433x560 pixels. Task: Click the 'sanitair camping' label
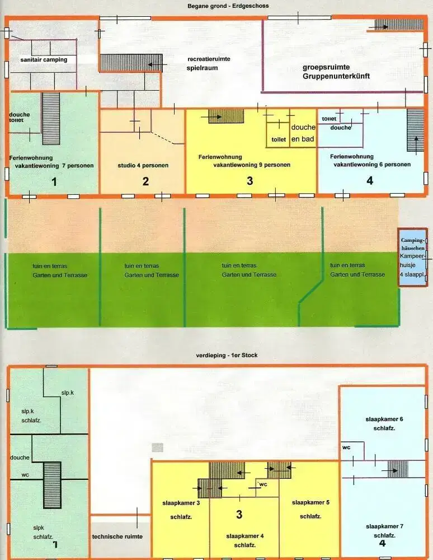[x=44, y=60]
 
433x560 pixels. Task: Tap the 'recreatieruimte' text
[x=209, y=59]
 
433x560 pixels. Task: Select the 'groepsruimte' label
[x=326, y=67]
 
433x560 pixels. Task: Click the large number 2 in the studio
[x=145, y=181]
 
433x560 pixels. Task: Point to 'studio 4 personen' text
[x=143, y=165]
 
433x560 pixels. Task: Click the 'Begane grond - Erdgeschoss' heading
[x=228, y=6]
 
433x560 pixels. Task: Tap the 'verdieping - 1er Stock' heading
[x=227, y=356]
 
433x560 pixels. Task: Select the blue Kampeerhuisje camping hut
[x=413, y=257]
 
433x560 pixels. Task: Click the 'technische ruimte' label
[x=117, y=536]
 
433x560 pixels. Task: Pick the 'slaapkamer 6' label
[x=384, y=419]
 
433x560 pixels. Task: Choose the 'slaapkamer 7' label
[x=384, y=526]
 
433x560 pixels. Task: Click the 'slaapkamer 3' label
[x=181, y=503]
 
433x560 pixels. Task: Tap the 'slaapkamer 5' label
[x=310, y=502]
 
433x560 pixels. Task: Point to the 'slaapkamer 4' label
[x=245, y=536]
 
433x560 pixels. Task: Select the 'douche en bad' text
[x=303, y=133]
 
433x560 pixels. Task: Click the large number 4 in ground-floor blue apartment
[x=370, y=181]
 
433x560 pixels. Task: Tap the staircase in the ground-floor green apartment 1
[x=51, y=118]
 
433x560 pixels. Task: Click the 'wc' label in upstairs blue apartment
[x=346, y=447]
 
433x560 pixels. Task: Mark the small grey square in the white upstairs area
[x=158, y=447]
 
